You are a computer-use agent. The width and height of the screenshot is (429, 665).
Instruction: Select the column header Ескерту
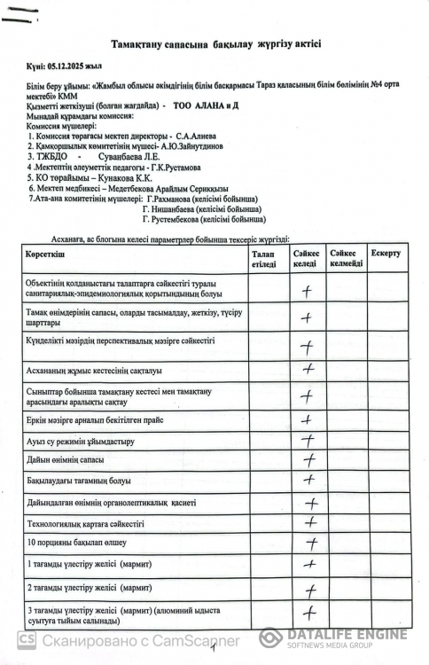386,254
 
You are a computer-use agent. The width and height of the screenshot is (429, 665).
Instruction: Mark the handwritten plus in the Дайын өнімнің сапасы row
309,460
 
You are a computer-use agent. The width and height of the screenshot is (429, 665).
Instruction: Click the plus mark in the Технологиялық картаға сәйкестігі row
310,524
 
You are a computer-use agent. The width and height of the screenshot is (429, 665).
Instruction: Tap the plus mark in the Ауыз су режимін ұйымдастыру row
308,440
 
